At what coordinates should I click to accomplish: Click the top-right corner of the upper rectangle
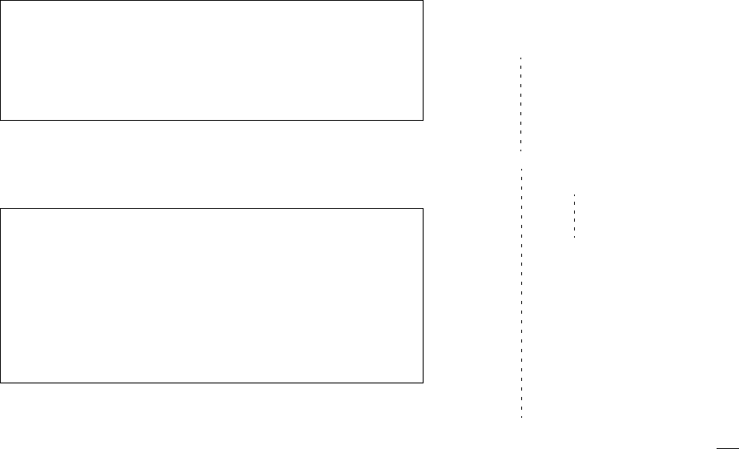(x=422, y=1)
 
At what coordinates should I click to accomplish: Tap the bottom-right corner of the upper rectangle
(x=422, y=120)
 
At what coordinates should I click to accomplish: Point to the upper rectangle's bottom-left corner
(x=1, y=120)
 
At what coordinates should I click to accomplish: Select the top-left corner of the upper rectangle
(x=1, y=1)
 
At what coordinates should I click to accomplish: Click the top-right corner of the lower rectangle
(x=422, y=209)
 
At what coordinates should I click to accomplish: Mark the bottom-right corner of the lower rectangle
(x=422, y=381)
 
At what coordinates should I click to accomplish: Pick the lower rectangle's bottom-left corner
(x=1, y=381)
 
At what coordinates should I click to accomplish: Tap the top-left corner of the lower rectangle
(x=1, y=209)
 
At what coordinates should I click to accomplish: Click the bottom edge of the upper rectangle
(x=211, y=120)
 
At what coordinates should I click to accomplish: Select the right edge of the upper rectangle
(x=422, y=60)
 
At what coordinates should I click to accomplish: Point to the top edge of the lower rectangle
(x=211, y=209)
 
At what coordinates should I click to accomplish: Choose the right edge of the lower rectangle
(x=422, y=295)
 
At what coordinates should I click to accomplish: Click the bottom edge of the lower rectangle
(x=211, y=381)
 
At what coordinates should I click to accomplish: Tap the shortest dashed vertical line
(x=574, y=216)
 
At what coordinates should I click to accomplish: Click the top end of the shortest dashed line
(x=574, y=194)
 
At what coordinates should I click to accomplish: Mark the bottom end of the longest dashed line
(x=521, y=419)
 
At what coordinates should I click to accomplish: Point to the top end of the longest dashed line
(x=521, y=168)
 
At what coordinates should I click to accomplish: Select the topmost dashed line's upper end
(x=521, y=58)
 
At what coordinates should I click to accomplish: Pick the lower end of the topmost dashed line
(x=521, y=151)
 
